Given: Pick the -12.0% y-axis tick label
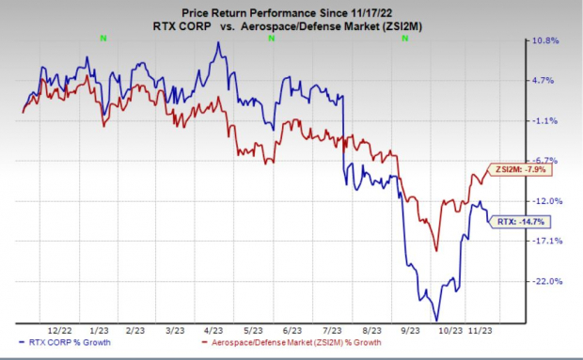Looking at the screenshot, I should (x=549, y=201).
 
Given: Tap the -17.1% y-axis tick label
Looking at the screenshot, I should (x=549, y=241).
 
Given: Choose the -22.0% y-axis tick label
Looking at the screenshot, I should (x=549, y=281).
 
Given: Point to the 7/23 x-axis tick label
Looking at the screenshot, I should (x=333, y=332).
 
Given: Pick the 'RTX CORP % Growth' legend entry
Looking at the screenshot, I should (x=58, y=345).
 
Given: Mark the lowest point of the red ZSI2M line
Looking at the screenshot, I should (x=436, y=250).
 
